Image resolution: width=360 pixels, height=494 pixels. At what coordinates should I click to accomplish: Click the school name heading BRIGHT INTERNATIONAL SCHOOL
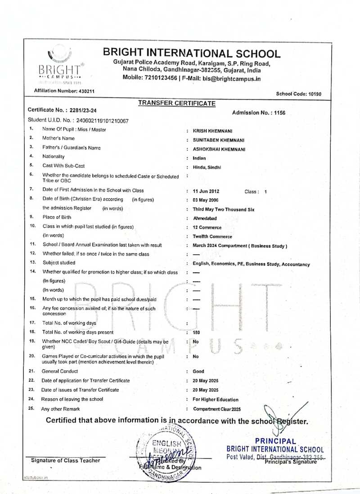pos(192,54)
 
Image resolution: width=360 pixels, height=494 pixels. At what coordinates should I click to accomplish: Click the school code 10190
pos(311,94)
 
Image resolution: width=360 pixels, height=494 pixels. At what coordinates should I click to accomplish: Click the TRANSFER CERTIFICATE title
pos(176,103)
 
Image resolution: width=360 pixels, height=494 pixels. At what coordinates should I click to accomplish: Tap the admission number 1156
pos(280,113)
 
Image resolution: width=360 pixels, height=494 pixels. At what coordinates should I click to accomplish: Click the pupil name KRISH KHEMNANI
pos(212,130)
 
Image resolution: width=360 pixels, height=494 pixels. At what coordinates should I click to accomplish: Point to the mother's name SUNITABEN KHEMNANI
pos(219,139)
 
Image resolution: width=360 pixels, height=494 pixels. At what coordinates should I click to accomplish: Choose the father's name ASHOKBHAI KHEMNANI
pos(219,148)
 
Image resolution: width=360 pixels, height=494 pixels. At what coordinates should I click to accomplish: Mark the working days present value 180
pos(196,332)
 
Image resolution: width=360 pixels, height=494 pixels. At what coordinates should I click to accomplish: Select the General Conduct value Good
pos(198,372)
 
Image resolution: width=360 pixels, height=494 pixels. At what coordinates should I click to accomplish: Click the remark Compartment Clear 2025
pos(217,409)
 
